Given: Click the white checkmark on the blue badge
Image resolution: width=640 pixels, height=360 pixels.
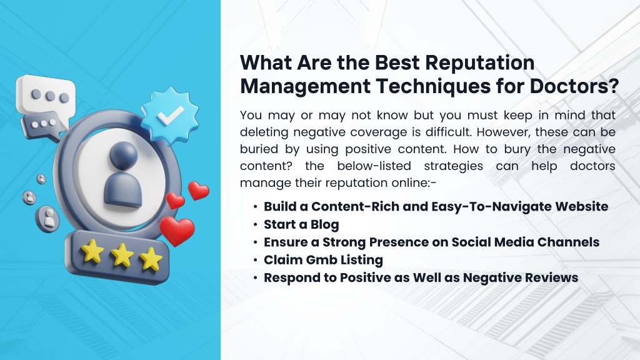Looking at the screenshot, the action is [x=170, y=116].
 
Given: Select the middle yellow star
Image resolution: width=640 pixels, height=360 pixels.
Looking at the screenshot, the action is [x=122, y=256].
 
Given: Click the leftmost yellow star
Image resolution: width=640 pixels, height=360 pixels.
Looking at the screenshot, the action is [x=92, y=251].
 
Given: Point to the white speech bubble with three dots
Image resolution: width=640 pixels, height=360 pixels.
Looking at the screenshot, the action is [x=46, y=95].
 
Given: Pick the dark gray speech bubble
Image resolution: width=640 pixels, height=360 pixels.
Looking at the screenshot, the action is [x=43, y=125].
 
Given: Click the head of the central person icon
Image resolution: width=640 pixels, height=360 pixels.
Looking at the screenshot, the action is [x=124, y=156].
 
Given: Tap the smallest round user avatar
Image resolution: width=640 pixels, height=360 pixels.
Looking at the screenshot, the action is [x=41, y=179].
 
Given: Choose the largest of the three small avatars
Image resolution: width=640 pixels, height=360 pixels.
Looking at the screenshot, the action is [x=47, y=218].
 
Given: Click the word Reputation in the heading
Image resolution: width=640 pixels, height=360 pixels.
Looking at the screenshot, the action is [x=479, y=63].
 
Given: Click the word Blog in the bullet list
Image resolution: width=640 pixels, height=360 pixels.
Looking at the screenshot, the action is [x=325, y=224].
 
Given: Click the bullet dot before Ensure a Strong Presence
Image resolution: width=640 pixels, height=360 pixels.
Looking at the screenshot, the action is [x=255, y=242].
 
